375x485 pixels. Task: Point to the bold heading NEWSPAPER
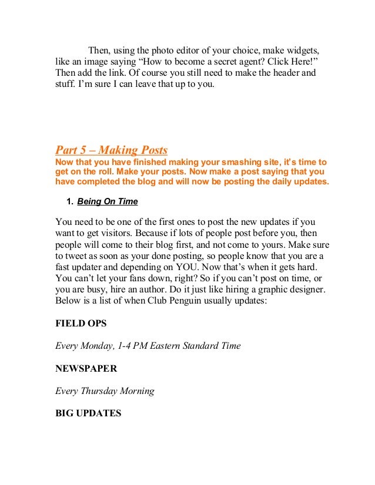(86, 369)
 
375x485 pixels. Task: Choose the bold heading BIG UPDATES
(88, 413)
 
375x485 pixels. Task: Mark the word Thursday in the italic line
(101, 391)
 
